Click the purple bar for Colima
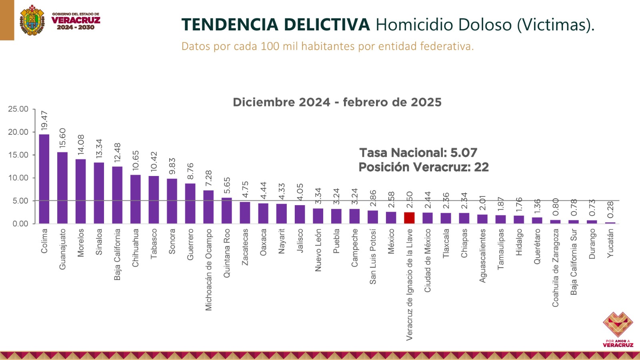44,179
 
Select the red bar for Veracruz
409,218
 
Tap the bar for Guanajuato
62,188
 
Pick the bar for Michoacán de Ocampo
208,207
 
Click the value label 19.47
44,120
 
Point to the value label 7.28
209,178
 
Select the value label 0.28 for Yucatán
610,210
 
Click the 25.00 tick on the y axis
18,109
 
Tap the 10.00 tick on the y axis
18,178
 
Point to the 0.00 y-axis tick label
20,224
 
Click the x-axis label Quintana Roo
227,253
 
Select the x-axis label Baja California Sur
574,262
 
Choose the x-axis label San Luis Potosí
373,256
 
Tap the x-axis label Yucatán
610,243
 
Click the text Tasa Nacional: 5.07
418,152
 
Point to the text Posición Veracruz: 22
424,167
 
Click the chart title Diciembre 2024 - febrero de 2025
337,102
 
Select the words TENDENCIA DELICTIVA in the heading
276,25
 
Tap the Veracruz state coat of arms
32,20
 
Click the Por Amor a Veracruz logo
618,329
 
